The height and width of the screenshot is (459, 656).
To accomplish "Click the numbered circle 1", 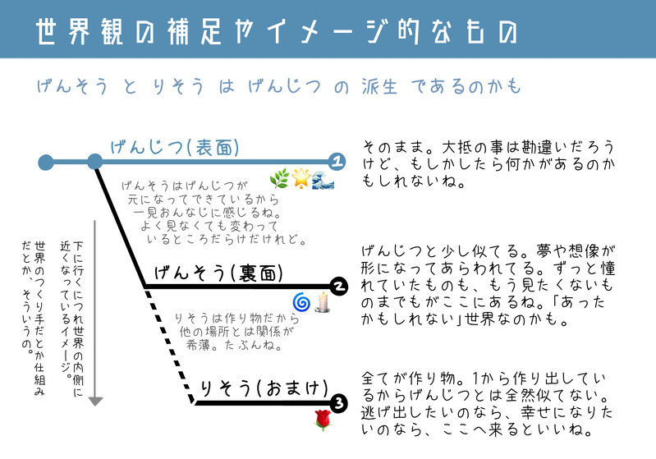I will [x=337, y=161].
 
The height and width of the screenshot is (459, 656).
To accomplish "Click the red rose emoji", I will [x=322, y=421].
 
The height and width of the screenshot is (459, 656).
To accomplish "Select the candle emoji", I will [x=323, y=303].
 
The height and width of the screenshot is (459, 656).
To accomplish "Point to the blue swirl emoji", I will [x=301, y=303].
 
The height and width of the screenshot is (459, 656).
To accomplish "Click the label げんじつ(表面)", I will [x=175, y=148].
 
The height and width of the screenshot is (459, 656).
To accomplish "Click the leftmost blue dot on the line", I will [x=46, y=161].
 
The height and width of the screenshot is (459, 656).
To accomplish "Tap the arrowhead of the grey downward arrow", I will [x=95, y=401].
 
